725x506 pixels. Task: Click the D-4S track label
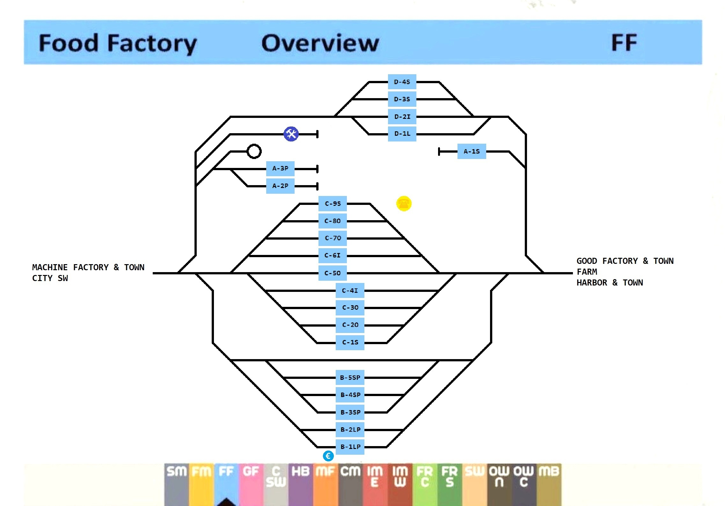pos(402,82)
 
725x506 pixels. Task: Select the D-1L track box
pos(402,134)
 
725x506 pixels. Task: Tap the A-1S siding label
pos(472,151)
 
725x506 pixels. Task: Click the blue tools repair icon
pos(291,134)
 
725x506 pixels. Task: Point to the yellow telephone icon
pos(404,203)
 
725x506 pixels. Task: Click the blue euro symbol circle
pos(328,456)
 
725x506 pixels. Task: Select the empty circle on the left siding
pos(254,151)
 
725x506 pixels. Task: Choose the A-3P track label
pos(280,169)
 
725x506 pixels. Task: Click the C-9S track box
pos(333,204)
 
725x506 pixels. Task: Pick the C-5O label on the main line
pos(333,273)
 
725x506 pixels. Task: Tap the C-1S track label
pos(350,343)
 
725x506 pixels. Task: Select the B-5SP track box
pos(350,378)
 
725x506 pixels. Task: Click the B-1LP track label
pos(350,447)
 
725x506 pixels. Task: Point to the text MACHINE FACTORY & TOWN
pos(88,267)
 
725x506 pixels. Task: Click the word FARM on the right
pos(587,272)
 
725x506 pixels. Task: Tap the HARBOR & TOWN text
pos(609,283)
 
